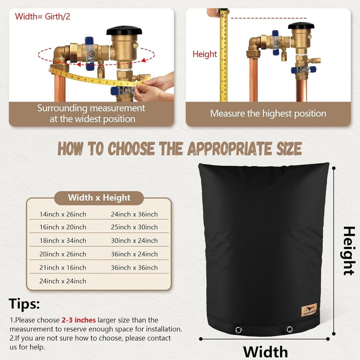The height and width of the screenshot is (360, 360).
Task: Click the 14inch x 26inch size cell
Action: tap(63, 214)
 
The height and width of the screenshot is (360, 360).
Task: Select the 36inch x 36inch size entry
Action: tap(134, 267)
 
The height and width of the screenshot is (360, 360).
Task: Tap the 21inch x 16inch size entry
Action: tap(63, 267)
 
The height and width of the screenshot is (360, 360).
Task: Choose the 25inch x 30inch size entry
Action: tap(134, 227)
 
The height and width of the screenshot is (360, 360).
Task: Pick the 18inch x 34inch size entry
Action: tap(63, 240)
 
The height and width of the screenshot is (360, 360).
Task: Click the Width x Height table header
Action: tap(99, 198)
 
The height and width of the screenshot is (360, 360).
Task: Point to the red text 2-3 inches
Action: tap(78, 320)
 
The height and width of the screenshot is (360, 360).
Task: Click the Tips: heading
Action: tap(24, 304)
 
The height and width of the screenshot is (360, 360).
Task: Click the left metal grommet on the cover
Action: tap(238, 330)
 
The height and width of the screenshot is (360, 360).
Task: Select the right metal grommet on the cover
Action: tap(289, 329)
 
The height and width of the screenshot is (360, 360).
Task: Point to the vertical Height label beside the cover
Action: tap(348, 251)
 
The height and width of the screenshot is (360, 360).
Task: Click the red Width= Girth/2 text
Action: tap(42, 17)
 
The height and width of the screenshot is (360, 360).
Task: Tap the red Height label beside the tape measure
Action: tap(205, 54)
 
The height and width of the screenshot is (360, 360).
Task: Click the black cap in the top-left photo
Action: tap(121, 30)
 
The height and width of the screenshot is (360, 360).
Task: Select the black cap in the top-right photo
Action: tap(301, 26)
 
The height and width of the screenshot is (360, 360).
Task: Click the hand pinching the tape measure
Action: tap(155, 86)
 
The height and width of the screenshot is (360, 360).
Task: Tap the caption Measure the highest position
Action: tap(268, 113)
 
